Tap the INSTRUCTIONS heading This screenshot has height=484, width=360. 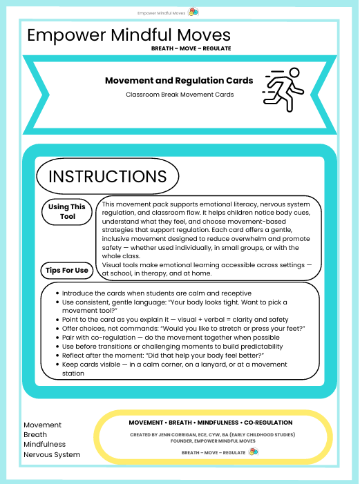click(107, 175)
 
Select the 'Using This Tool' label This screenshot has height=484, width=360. click(67, 212)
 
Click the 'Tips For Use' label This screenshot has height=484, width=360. click(67, 270)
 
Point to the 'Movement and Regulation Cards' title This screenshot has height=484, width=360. click(179, 80)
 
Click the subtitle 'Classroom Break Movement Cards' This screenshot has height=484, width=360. click(179, 94)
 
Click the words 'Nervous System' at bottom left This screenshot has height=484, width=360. click(52, 454)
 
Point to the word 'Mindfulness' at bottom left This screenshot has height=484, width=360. click(45, 445)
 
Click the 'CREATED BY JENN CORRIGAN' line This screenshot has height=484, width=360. click(212, 434)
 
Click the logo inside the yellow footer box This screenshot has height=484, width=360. click(254, 452)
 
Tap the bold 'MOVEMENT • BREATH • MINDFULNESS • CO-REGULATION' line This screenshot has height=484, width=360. click(211, 422)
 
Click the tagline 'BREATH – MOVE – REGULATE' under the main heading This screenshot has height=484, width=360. click(191, 48)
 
